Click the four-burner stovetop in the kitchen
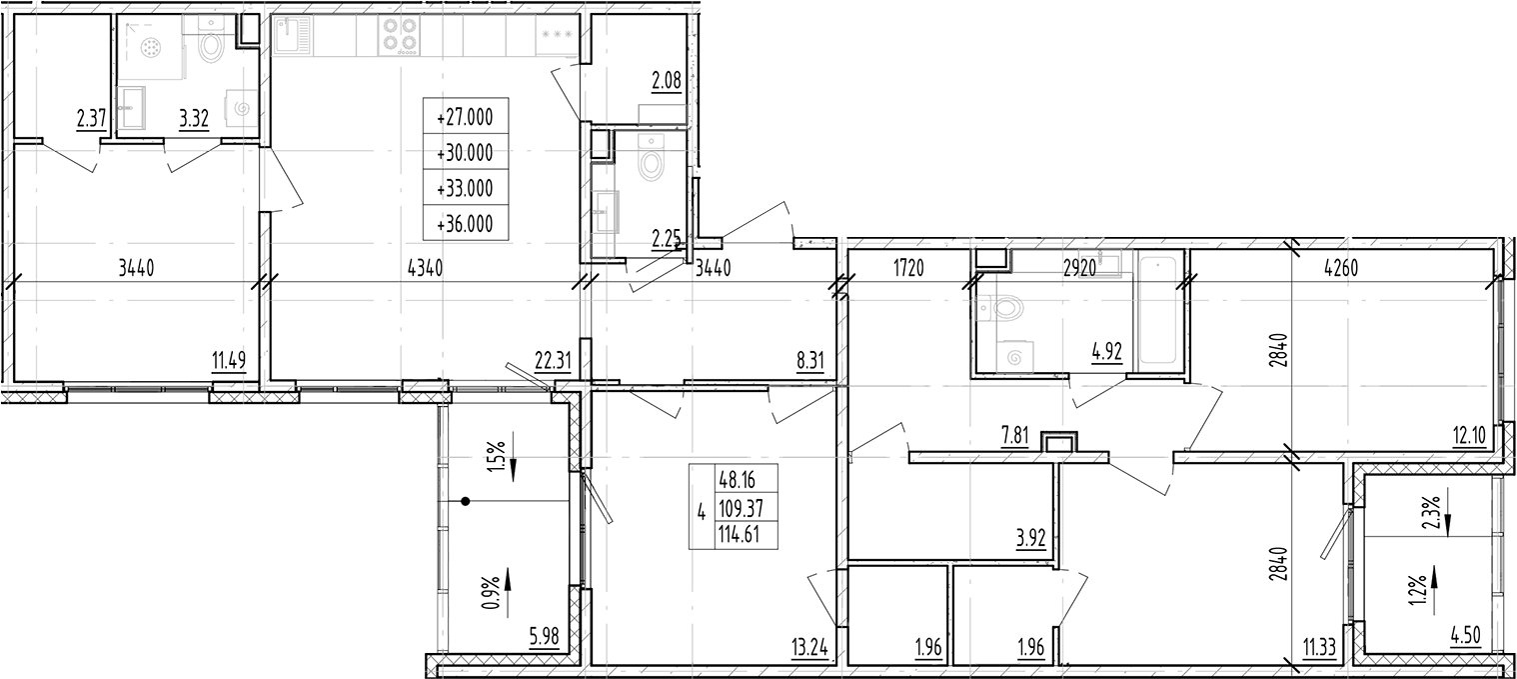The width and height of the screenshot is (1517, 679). (400, 37)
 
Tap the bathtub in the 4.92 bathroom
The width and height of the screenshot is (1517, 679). (1158, 309)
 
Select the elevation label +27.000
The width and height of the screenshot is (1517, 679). (465, 117)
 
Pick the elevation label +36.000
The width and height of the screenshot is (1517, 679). (465, 225)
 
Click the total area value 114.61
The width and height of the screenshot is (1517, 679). (739, 536)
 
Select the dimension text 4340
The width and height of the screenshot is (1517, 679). (427, 268)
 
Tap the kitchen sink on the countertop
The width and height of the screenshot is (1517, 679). (297, 38)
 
